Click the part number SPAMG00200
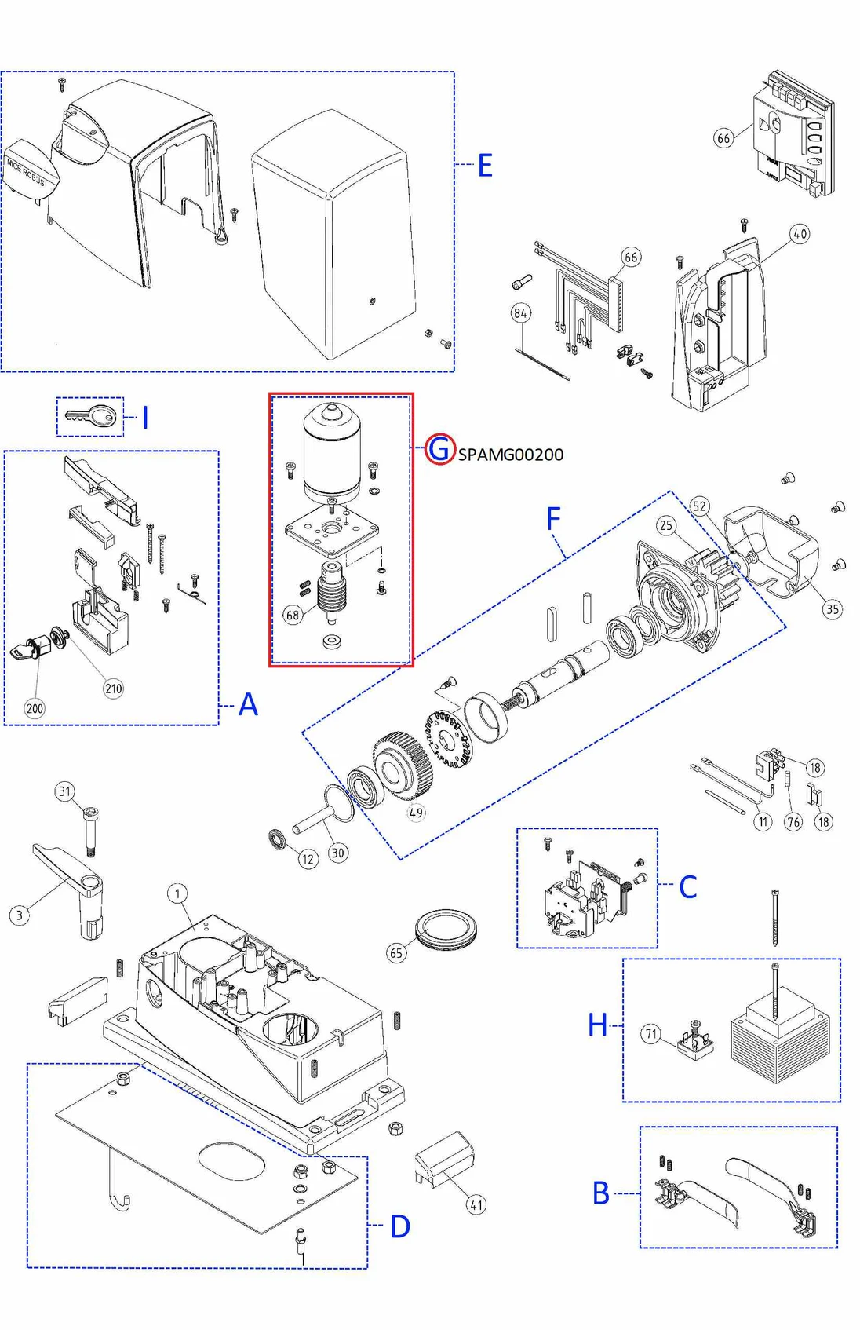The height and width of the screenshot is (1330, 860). (x=510, y=455)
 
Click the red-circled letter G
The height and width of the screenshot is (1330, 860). (x=440, y=449)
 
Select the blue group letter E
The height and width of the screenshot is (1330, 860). (x=485, y=166)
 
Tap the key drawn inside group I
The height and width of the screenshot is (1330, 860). (x=91, y=416)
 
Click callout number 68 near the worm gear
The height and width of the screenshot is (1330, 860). (x=293, y=615)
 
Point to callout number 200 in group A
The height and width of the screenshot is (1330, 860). (x=35, y=708)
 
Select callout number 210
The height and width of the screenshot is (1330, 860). (x=114, y=689)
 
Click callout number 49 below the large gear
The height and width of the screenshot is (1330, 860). (x=416, y=813)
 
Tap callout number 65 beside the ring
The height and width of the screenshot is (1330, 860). (x=396, y=953)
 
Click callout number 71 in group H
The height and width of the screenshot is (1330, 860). (x=651, y=1033)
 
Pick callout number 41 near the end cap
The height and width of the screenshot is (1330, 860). (x=476, y=1204)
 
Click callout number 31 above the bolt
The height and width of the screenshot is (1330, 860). (x=65, y=791)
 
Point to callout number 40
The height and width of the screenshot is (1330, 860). (x=800, y=234)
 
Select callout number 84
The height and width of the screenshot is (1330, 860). (x=521, y=313)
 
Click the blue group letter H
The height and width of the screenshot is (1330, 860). (x=598, y=1025)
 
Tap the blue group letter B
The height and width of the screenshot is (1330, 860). (x=601, y=1193)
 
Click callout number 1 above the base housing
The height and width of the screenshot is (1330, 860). (x=177, y=893)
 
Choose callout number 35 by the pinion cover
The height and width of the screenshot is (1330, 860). (x=832, y=608)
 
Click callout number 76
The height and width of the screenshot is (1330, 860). (x=793, y=822)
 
